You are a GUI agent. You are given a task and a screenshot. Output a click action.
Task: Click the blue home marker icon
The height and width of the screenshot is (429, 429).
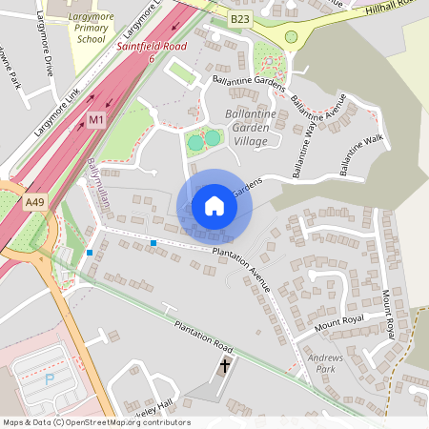(x=214, y=206)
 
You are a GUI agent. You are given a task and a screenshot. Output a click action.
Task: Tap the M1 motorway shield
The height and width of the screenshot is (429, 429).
(x=95, y=120)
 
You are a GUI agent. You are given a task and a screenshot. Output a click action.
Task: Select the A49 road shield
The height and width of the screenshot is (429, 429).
(x=35, y=202)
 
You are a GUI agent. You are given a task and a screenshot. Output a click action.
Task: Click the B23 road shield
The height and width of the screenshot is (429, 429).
(x=240, y=19)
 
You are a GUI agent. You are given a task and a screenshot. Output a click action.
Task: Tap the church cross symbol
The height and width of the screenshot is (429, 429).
(x=225, y=365)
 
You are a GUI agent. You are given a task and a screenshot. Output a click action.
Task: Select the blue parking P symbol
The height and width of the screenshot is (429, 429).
(x=50, y=378)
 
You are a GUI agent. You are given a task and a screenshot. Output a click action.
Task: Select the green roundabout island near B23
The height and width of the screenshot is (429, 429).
(x=291, y=37)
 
